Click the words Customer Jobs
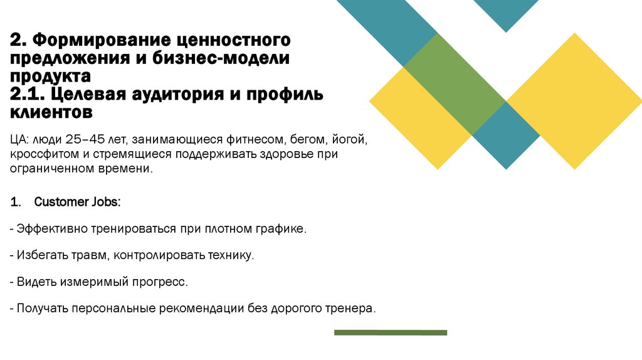tap(78, 202)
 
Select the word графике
tap(284, 229)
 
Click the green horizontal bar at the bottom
tap(390, 332)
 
